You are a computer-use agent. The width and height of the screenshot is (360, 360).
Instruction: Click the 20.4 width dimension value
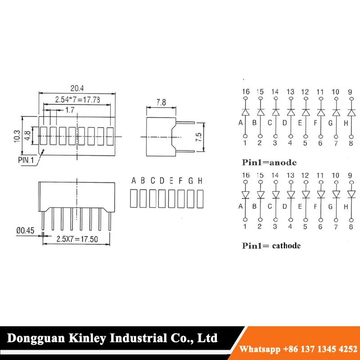pyautogui.click(x=77, y=88)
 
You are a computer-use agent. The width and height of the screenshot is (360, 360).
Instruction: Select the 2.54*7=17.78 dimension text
pyautogui.click(x=77, y=99)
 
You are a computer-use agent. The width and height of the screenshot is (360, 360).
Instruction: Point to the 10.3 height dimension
pyautogui.click(x=17, y=136)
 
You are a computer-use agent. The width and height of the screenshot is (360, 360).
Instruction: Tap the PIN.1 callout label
pyautogui.click(x=26, y=160)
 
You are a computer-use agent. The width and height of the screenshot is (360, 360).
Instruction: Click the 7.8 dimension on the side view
pyautogui.click(x=161, y=103)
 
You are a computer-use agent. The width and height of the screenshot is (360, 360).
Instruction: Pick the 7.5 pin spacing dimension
pyautogui.click(x=198, y=137)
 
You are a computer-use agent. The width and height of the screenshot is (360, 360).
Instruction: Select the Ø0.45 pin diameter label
pyautogui.click(x=25, y=230)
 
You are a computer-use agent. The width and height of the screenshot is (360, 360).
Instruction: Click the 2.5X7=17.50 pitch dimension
pyautogui.click(x=77, y=239)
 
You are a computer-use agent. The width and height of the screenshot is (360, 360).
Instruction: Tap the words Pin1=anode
pyautogui.click(x=269, y=162)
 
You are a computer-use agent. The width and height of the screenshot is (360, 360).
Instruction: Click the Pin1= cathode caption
pyautogui.click(x=271, y=246)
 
